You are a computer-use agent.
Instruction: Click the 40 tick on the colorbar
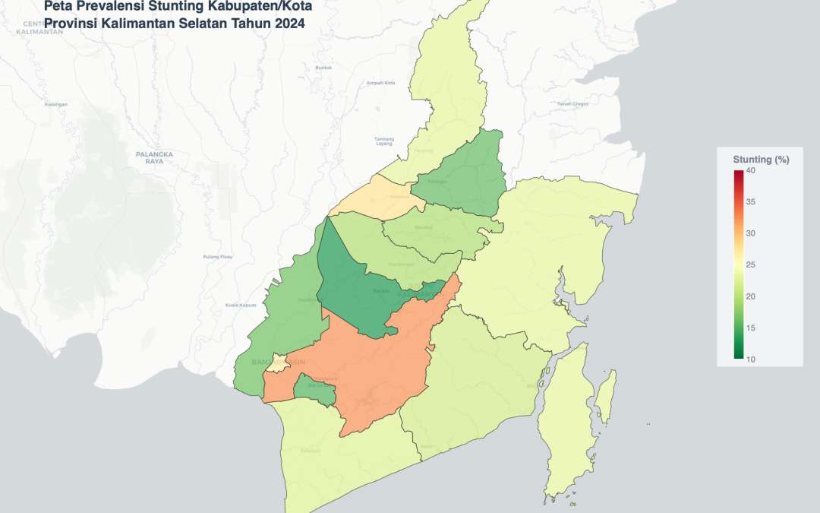[749, 170]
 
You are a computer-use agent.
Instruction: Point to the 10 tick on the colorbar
[749, 359]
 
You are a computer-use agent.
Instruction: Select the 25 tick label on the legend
[749, 264]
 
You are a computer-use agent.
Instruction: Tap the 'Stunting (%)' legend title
[761, 159]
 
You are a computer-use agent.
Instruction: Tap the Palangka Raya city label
[154, 157]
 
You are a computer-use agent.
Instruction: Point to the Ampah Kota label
[380, 83]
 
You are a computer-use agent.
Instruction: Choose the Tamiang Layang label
[385, 141]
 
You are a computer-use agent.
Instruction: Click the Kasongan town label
[56, 104]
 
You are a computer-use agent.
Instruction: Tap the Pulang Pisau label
[218, 257]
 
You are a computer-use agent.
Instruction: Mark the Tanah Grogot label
[572, 103]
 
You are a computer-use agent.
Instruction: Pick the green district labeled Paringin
[459, 175]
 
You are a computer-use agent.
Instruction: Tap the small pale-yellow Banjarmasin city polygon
[279, 363]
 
